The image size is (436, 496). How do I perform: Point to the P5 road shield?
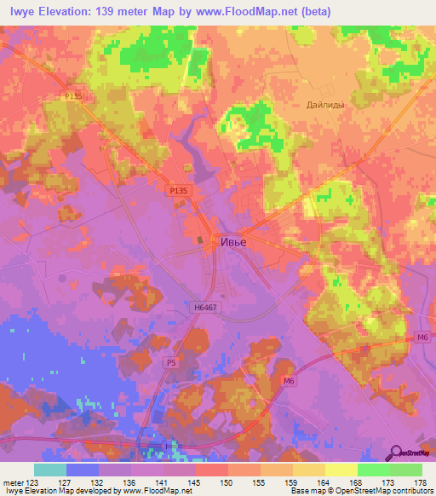point(171,362)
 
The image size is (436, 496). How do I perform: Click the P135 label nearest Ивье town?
point(178,193)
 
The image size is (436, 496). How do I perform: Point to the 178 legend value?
point(421,482)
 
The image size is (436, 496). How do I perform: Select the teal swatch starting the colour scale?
point(50,470)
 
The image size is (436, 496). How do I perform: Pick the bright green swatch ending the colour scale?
point(405,470)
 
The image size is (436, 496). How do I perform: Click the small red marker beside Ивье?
point(214,241)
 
